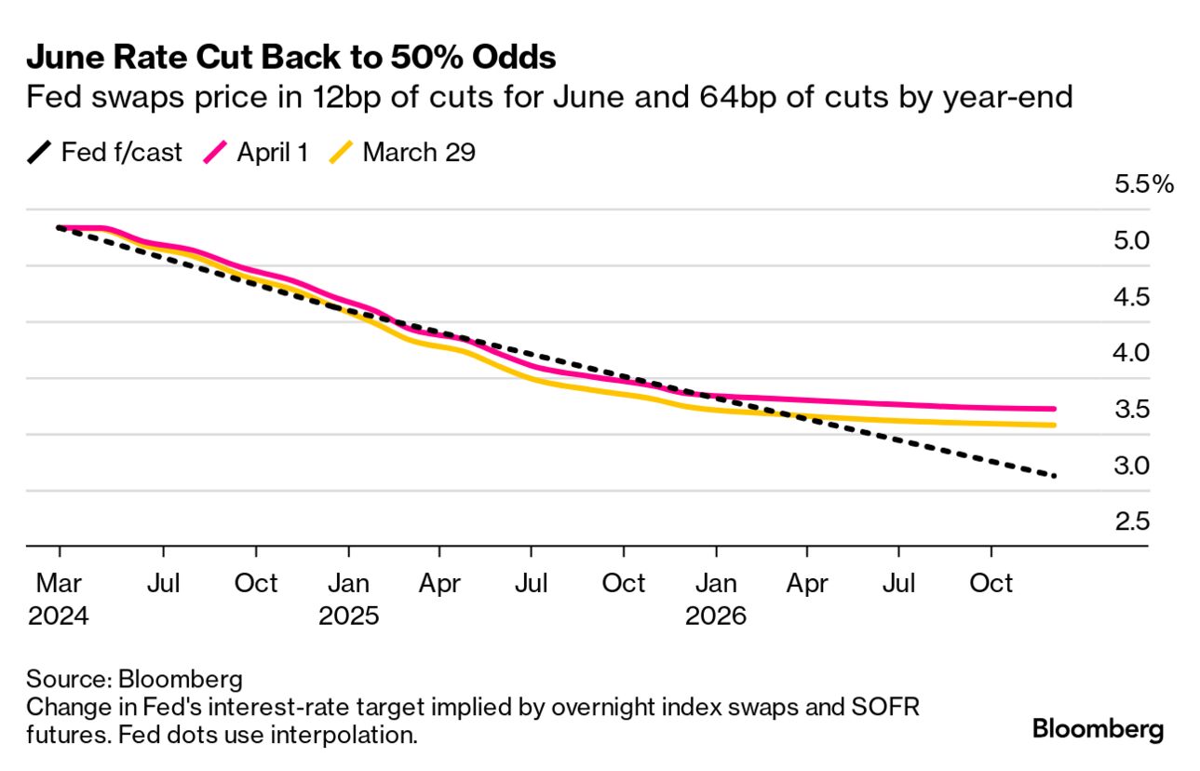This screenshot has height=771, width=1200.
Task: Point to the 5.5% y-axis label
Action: (x=1144, y=184)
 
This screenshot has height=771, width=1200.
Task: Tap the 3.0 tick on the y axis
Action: (x=1132, y=466)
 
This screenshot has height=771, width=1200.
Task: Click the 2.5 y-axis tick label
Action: (x=1132, y=521)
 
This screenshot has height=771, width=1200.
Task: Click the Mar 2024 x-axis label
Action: (x=59, y=600)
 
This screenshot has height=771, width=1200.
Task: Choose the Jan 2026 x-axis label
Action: (x=715, y=600)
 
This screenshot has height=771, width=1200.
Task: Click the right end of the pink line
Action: (x=1053, y=409)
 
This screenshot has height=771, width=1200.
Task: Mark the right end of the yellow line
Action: (x=1053, y=426)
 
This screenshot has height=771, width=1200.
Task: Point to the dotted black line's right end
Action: (x=1054, y=476)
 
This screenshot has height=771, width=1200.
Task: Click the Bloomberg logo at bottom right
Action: (x=1098, y=730)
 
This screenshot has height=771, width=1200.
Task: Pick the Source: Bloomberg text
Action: (x=135, y=677)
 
